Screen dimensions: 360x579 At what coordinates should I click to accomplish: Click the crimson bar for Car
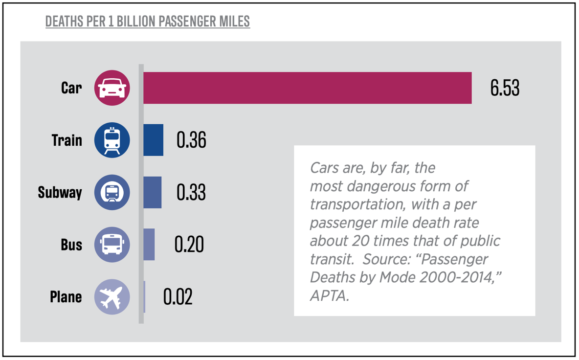click(x=307, y=88)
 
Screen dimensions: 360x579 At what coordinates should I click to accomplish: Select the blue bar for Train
click(x=153, y=140)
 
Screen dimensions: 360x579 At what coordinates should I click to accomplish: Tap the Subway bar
click(x=152, y=193)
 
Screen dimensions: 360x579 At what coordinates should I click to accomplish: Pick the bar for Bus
click(x=149, y=245)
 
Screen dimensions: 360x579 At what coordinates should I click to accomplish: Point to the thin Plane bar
click(x=144, y=297)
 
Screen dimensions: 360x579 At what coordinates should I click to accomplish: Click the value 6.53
click(x=504, y=88)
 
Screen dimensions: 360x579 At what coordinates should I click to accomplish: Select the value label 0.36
click(x=191, y=140)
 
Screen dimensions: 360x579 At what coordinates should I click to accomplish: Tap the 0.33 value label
click(x=191, y=193)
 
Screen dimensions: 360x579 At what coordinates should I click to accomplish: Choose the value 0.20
click(x=189, y=245)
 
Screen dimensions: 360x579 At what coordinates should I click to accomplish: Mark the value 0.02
click(x=178, y=297)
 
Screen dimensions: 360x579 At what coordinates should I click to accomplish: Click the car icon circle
click(x=112, y=88)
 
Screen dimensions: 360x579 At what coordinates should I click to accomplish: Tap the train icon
click(x=112, y=140)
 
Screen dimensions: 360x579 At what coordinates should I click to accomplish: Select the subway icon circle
click(x=112, y=193)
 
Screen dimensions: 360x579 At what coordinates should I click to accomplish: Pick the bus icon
click(x=112, y=245)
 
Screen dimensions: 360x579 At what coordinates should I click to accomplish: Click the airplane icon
click(x=112, y=297)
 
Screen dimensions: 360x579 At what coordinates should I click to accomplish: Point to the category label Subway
click(x=60, y=193)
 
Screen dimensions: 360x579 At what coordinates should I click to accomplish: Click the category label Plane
click(x=66, y=297)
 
